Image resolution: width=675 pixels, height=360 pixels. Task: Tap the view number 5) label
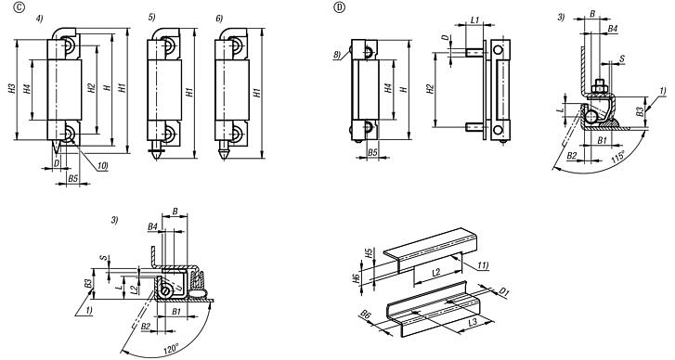coord(153,18)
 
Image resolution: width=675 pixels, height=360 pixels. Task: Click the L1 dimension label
coord(474,20)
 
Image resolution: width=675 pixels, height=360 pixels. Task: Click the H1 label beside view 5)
coord(190,92)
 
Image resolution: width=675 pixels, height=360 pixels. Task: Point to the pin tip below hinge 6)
coord(226,154)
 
